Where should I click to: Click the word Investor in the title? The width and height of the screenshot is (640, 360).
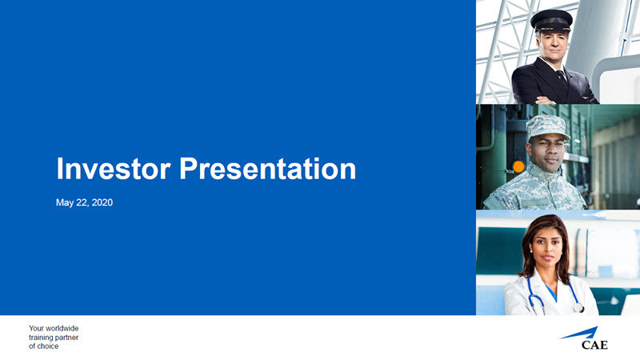(x=113, y=168)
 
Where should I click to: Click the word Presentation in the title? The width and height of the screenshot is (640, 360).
(x=268, y=168)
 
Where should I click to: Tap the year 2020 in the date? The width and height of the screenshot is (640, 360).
(x=102, y=202)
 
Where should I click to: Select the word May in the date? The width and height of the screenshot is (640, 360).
(x=65, y=203)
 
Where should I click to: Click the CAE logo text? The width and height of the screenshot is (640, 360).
(x=594, y=345)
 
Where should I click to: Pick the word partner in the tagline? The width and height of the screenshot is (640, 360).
(x=67, y=338)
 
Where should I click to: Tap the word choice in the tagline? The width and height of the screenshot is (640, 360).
(x=49, y=346)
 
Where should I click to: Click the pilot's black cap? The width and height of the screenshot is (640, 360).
(x=551, y=22)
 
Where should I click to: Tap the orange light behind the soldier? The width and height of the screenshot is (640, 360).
(x=518, y=166)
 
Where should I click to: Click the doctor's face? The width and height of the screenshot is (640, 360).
(x=547, y=247)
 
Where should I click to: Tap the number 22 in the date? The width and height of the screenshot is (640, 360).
(x=82, y=203)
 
